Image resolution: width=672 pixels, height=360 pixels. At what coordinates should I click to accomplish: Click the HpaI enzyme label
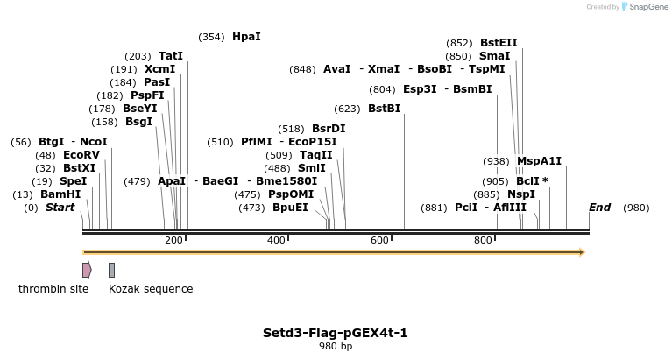pos(246,37)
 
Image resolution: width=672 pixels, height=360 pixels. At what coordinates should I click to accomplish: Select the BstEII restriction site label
pos(499,43)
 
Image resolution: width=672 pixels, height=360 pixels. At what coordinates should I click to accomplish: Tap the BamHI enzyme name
pos(60,194)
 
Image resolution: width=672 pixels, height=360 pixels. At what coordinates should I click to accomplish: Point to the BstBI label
pos(384,109)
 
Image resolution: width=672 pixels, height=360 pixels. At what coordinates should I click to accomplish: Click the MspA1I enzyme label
pos(539,161)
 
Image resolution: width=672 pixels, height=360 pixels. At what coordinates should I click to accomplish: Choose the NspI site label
pos(521,194)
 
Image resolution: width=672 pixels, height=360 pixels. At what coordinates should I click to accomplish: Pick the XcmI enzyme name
pos(159,69)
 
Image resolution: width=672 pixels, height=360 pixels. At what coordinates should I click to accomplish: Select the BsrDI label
pos(329,129)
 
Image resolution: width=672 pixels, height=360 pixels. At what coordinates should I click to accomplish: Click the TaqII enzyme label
pos(315,155)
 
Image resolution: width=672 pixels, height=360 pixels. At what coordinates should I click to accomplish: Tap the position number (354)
pos(212,37)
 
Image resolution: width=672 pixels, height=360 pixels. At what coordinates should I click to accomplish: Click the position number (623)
pos(348,109)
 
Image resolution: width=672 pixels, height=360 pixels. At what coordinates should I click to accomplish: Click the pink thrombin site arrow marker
pos(87,270)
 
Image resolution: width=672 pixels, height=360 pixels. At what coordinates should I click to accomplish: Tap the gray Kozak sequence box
pos(112,270)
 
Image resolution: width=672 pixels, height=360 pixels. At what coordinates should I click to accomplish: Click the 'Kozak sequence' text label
pos(151,289)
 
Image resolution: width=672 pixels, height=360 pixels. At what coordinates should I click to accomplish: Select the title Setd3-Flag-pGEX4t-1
pos(335,333)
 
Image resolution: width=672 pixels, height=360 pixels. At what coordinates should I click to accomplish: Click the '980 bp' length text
pos(335,347)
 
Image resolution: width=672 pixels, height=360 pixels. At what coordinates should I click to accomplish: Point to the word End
pos(599,208)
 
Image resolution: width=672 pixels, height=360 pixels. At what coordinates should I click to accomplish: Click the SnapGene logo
pos(644,7)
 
